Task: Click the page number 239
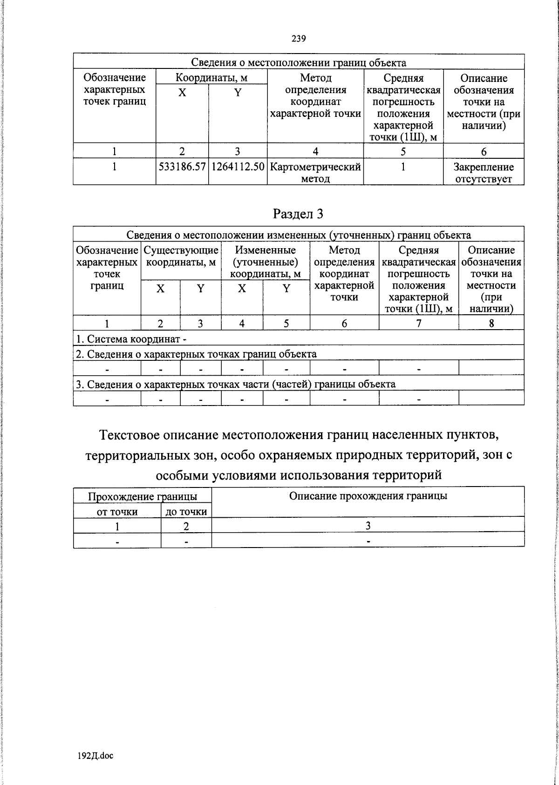[299, 39]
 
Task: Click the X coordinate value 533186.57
[182, 167]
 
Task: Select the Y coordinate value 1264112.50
[238, 167]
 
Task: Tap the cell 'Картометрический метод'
[315, 172]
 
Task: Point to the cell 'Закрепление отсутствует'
[484, 172]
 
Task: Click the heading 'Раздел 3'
[298, 213]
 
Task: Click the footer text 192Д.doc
[95, 756]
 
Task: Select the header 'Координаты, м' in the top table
[211, 77]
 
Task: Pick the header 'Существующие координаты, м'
[181, 256]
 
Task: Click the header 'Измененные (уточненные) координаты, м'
[266, 262]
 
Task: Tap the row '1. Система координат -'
[131, 338]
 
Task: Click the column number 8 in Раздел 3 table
[491, 323]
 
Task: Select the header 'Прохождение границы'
[142, 497]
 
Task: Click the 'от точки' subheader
[117, 512]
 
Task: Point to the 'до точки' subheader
[186, 512]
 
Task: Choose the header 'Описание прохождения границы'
[368, 496]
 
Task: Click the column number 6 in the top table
[484, 151]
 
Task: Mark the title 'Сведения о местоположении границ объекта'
[299, 62]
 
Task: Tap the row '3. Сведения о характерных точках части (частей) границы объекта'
[236, 384]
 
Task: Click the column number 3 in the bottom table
[368, 526]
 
